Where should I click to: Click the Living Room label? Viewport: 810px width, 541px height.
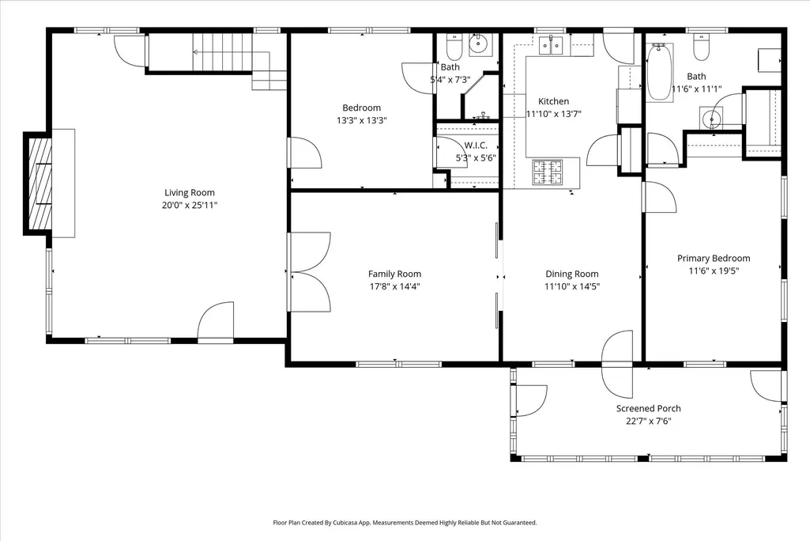click(x=190, y=193)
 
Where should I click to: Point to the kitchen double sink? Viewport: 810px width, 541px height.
click(x=551, y=46)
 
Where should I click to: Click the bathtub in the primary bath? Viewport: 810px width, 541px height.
click(x=658, y=72)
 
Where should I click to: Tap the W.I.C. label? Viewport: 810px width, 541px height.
click(x=475, y=146)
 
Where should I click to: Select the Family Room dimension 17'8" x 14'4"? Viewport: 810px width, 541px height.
click(x=394, y=286)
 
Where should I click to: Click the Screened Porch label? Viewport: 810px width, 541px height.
click(x=648, y=409)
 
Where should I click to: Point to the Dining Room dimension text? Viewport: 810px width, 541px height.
click(x=572, y=286)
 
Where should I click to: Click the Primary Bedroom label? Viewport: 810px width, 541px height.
click(x=714, y=258)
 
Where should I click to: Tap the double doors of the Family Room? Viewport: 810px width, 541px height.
click(x=309, y=272)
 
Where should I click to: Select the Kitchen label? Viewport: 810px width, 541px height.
click(x=554, y=101)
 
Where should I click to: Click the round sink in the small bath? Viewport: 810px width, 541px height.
click(x=480, y=45)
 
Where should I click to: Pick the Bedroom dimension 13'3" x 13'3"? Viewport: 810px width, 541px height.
click(x=362, y=120)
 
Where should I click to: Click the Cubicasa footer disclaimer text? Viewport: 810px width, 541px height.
click(x=405, y=523)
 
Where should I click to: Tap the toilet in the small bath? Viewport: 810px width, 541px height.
click(x=454, y=47)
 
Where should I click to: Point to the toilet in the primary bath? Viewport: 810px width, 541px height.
click(x=701, y=47)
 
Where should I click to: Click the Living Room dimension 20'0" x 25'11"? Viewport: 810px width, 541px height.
click(x=190, y=206)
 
